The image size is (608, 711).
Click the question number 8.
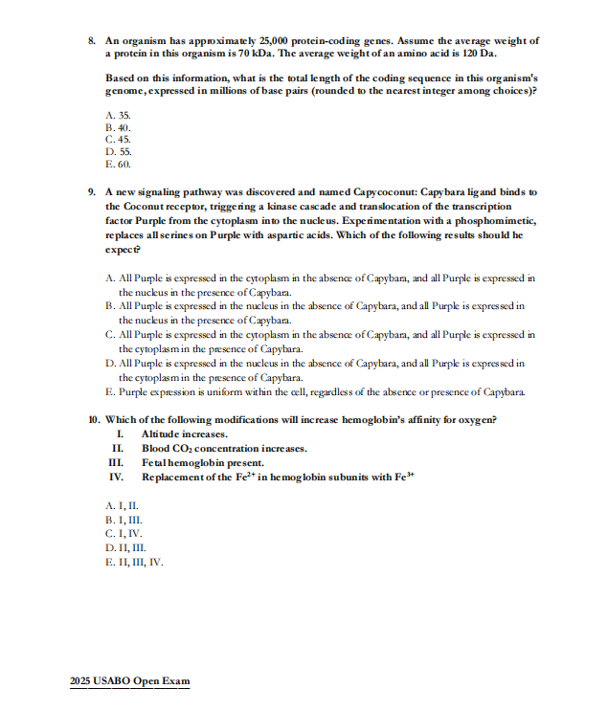pyautogui.click(x=91, y=41)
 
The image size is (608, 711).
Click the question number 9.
pyautogui.click(x=91, y=193)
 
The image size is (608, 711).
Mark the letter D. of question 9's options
pyautogui.click(x=109, y=364)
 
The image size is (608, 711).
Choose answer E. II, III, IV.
pyautogui.click(x=134, y=562)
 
